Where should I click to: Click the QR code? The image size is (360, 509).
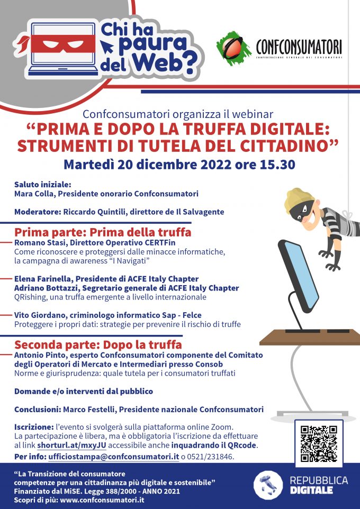(x=319, y=443)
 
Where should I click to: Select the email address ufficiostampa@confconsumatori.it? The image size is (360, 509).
(x=113, y=457)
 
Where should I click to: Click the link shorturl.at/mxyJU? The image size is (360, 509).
(x=71, y=446)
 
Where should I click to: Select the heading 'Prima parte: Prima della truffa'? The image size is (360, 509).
(x=103, y=232)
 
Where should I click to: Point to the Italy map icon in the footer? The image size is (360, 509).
(x=268, y=484)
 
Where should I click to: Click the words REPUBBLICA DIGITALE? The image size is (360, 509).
(x=319, y=485)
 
